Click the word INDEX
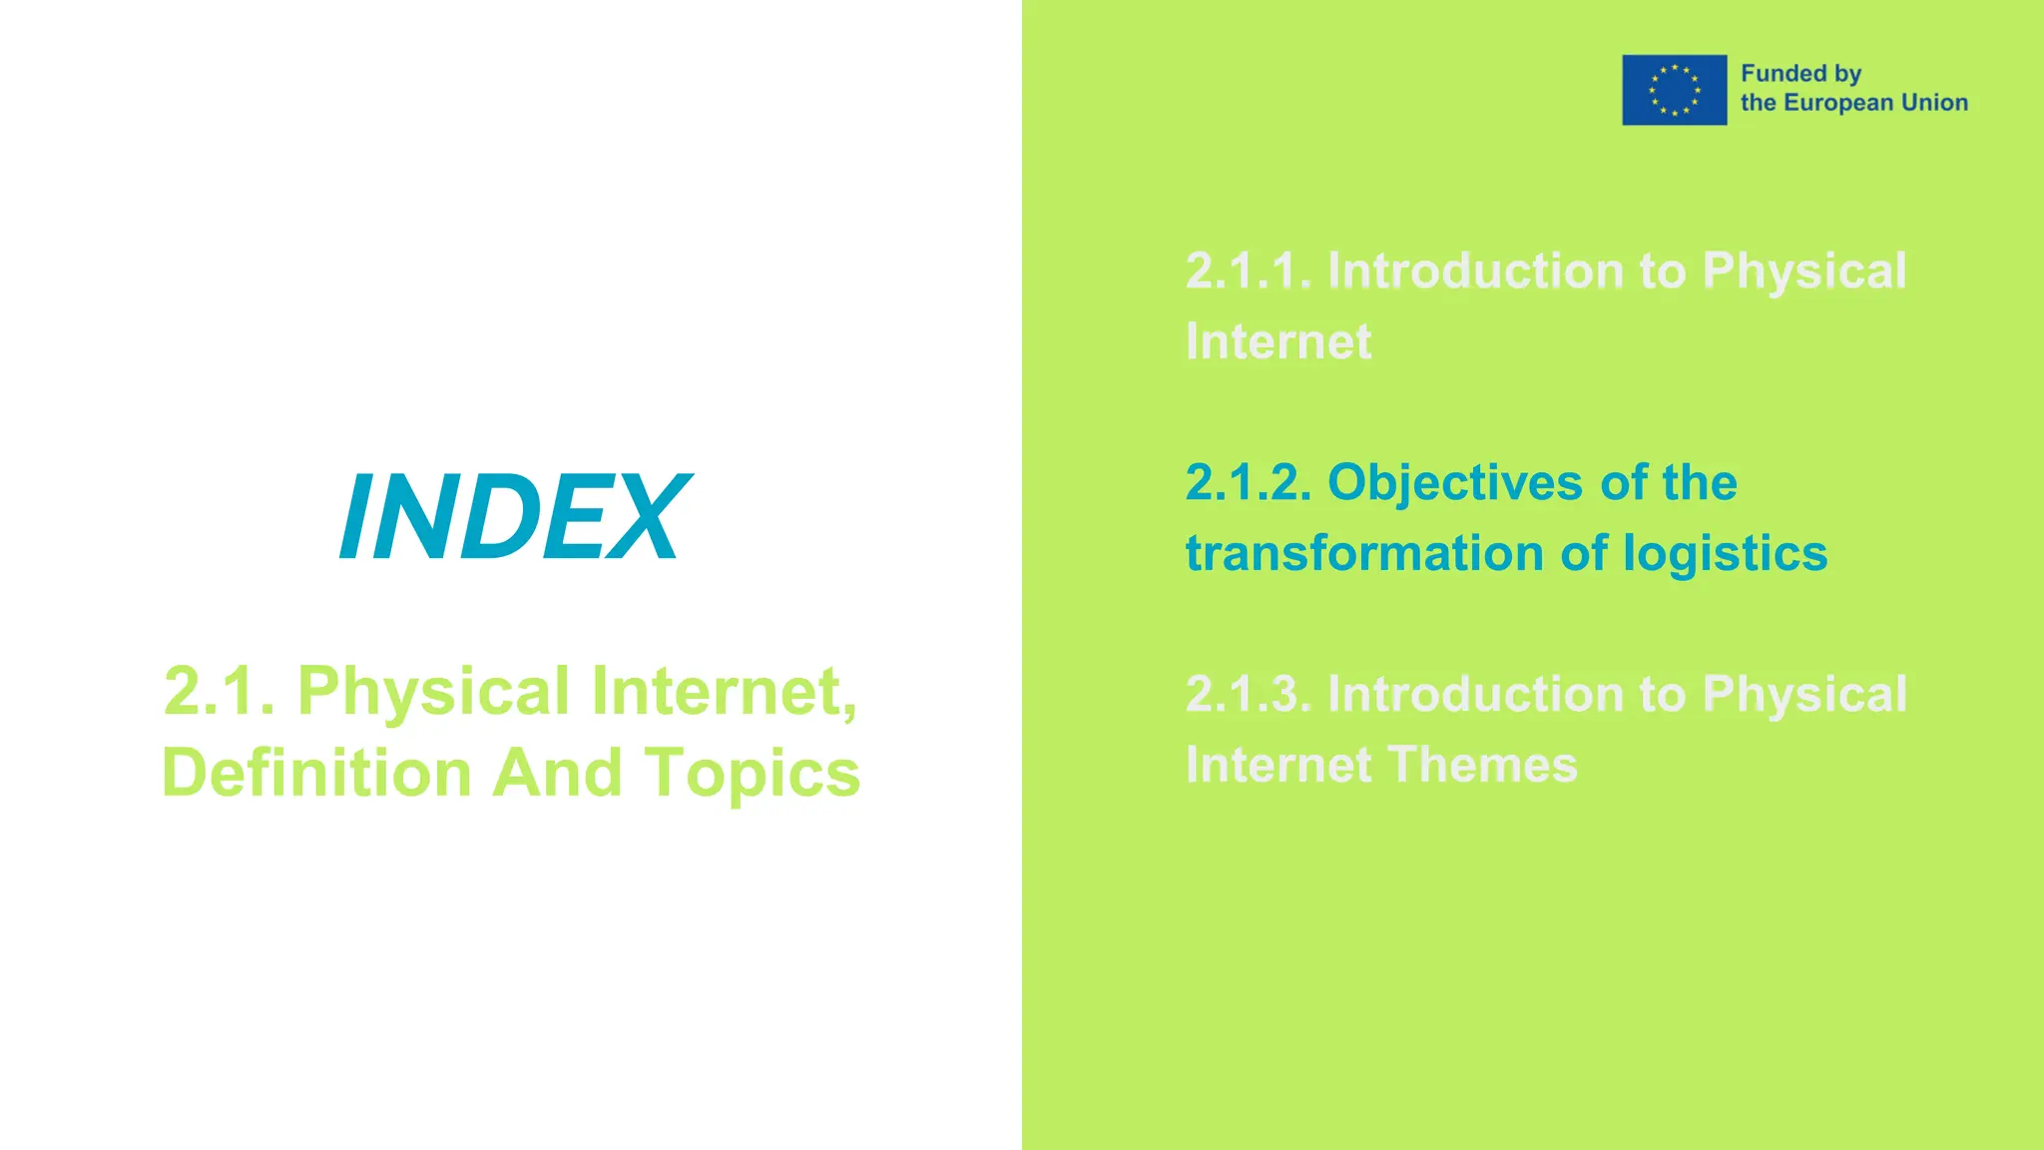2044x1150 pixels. [x=514, y=516]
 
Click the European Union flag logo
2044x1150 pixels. [x=1674, y=90]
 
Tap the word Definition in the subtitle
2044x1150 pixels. [x=316, y=774]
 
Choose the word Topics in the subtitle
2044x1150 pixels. [x=752, y=774]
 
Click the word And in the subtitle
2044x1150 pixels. [x=558, y=774]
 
